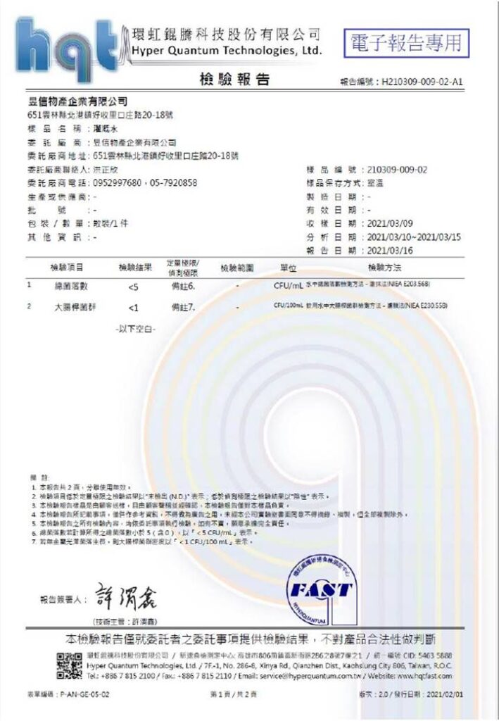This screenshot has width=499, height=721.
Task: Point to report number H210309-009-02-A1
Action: click(422, 82)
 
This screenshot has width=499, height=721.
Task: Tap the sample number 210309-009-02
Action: click(398, 170)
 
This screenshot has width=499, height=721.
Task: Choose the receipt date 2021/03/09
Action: click(393, 223)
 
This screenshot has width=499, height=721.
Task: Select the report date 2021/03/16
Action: click(393, 249)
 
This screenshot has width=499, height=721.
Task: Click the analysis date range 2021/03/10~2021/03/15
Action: click(415, 237)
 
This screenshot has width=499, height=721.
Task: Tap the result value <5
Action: click(134, 287)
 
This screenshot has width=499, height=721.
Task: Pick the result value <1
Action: click(134, 308)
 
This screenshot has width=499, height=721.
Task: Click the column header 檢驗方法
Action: click(384, 268)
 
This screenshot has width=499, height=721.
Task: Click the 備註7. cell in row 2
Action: click(183, 308)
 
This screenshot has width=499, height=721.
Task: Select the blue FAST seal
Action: click(321, 588)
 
